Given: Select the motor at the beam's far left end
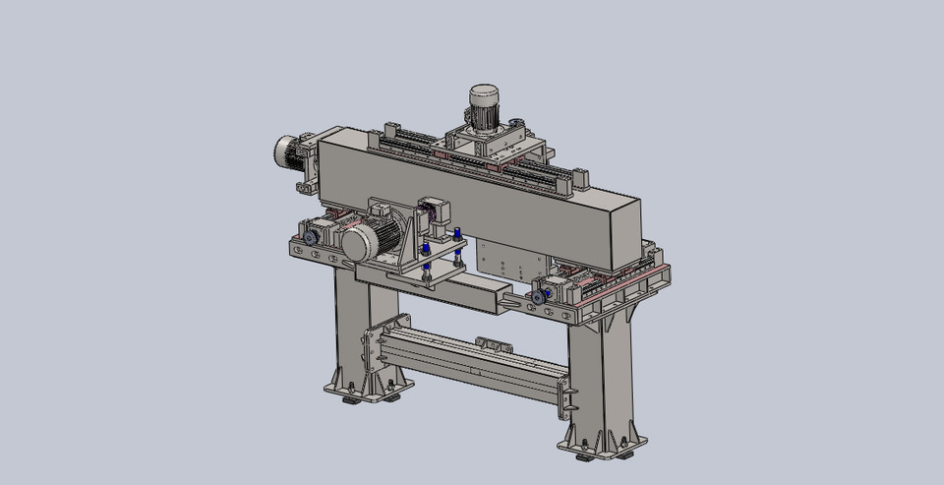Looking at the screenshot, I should (x=290, y=151).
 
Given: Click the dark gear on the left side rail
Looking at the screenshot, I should (x=311, y=237).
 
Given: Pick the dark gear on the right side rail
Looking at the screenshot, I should (x=538, y=292).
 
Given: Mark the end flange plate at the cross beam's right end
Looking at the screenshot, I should (x=565, y=395).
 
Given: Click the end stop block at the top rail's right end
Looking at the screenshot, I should (x=580, y=178).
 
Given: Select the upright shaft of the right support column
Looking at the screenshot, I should (x=590, y=379).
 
